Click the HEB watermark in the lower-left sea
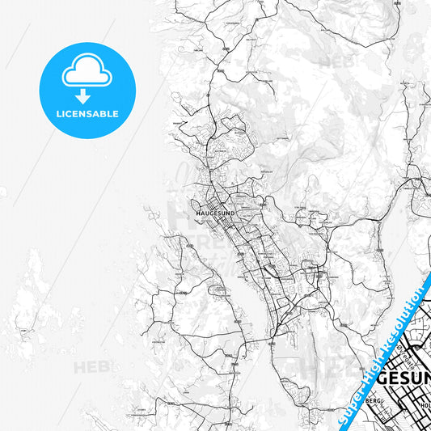coord(91,367)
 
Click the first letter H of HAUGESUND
coord(199,213)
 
